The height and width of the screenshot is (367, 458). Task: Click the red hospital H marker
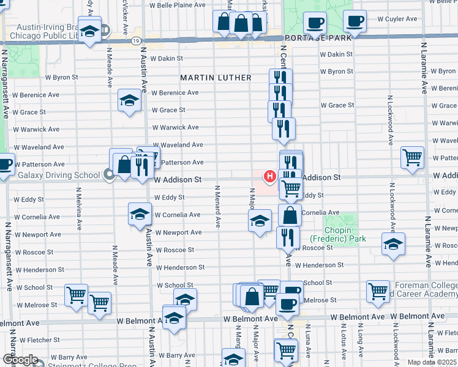[x=269, y=176]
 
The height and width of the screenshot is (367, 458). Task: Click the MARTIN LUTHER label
[x=216, y=78]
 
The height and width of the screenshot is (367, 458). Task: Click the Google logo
[x=20, y=360]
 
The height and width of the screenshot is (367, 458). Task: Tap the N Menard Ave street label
[x=217, y=208]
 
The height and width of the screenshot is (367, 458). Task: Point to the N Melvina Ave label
[x=80, y=208]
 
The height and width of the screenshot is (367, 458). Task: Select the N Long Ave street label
[x=361, y=346]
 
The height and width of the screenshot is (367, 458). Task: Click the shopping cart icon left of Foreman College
[x=378, y=291]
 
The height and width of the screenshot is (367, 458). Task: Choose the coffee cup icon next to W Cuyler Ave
[x=355, y=21]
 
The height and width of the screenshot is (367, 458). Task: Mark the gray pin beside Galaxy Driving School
[x=109, y=176]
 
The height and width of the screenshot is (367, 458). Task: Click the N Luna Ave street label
[x=309, y=346]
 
